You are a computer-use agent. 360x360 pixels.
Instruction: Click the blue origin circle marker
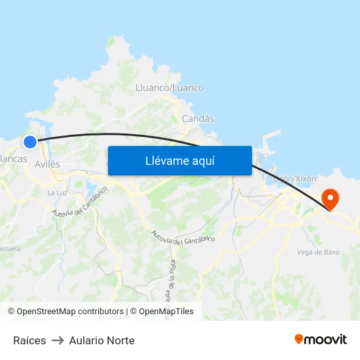coord(30,142)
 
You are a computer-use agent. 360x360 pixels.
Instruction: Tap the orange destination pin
coord(331,199)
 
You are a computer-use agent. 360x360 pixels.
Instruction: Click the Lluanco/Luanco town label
coord(169,88)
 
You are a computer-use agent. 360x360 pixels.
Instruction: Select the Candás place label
coord(198,118)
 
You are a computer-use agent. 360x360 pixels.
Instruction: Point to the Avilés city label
coord(47,164)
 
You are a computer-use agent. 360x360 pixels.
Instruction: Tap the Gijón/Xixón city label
coord(295,178)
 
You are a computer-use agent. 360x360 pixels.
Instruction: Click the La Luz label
coord(57,192)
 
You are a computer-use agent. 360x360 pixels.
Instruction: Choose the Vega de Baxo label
coord(317,252)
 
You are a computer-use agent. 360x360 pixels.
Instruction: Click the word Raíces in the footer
coord(29,340)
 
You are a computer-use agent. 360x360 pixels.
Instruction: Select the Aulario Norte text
coord(101,340)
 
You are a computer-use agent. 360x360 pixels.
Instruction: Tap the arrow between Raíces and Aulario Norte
coord(58,340)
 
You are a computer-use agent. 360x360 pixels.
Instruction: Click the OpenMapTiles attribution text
coord(166,312)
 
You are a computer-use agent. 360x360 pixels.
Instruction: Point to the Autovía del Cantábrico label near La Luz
coord(80,201)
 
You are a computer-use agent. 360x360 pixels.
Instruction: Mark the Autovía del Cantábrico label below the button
coord(183,237)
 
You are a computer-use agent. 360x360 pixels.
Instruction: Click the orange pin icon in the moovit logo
coord(299,339)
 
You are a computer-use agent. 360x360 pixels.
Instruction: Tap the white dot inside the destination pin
coord(331,196)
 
